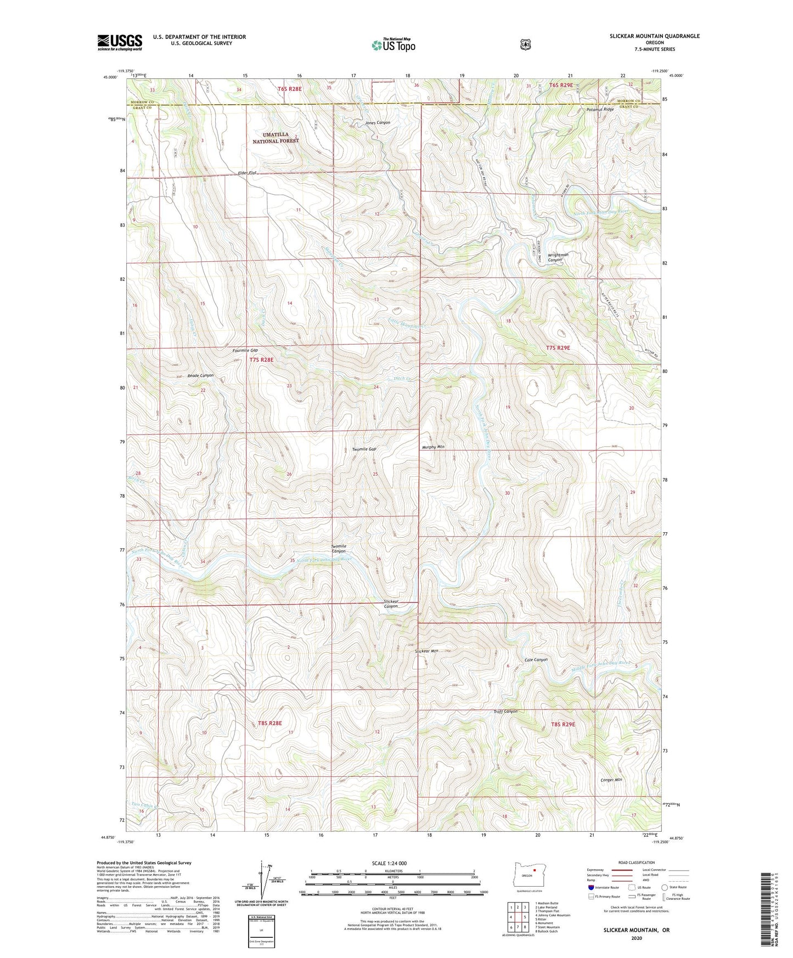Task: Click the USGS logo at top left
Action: [120, 42]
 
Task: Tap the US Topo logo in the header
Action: [392, 45]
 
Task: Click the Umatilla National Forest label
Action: [275, 138]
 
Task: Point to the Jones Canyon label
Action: [378, 123]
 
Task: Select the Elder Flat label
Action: [248, 173]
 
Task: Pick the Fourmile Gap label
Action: [245, 350]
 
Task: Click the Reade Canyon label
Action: [200, 376]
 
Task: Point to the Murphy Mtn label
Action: [433, 447]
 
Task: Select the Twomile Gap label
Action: [364, 449]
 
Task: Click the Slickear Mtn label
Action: [426, 651]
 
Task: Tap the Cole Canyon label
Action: [536, 660]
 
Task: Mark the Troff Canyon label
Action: [505, 712]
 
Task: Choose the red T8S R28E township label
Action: [269, 723]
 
